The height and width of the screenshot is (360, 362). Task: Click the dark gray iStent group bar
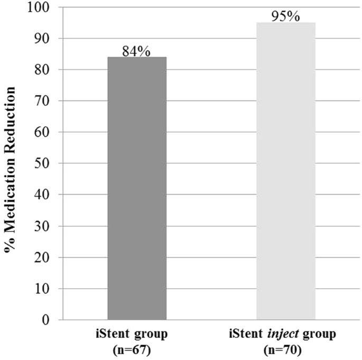137,188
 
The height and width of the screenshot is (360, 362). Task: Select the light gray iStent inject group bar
286,171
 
